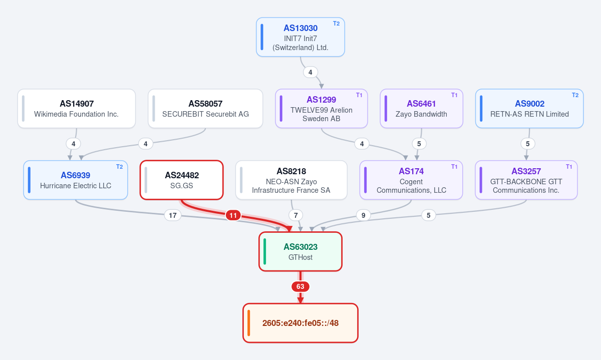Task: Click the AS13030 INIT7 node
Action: point(300,37)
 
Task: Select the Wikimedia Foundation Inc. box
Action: point(77,108)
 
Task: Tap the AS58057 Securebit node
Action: point(205,108)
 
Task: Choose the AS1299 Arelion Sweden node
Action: point(321,108)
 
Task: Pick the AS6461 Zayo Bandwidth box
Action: point(421,108)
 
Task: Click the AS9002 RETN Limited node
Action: point(529,108)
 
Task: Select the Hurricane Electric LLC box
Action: point(76,180)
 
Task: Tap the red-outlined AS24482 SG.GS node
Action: point(182,180)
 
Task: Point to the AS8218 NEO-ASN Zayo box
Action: point(291,180)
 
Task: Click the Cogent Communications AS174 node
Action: point(411,180)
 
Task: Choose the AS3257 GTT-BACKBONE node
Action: point(526,180)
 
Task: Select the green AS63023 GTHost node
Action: point(300,252)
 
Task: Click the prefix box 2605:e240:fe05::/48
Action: point(300,323)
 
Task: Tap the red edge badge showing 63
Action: point(300,286)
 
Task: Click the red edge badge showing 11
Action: point(233,215)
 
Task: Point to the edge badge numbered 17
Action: point(172,215)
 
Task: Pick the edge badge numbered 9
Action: point(363,215)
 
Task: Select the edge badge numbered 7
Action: point(295,215)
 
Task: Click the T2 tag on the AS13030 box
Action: point(336,24)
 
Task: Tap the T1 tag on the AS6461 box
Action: point(454,95)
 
